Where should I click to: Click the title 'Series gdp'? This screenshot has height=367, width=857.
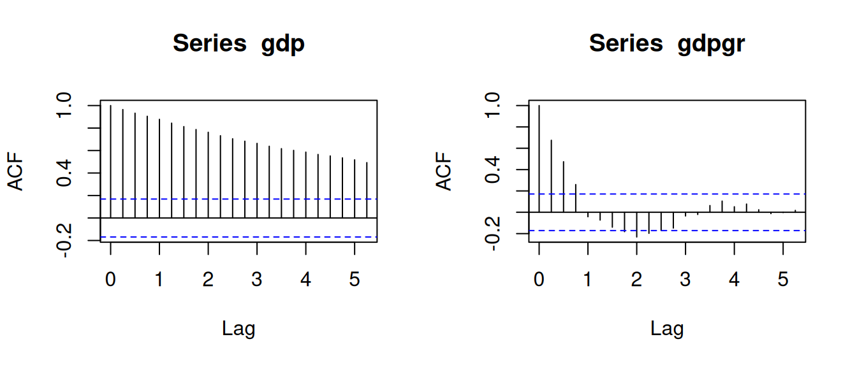[238, 44]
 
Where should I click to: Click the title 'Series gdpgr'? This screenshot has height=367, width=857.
[667, 44]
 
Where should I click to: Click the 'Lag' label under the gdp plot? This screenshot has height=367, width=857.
[238, 329]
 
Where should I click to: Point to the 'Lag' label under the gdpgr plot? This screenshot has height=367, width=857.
[667, 329]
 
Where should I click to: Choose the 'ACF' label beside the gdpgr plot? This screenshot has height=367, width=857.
[444, 171]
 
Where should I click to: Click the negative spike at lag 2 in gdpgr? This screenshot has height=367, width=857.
[636, 224]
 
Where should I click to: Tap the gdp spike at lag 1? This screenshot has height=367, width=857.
[159, 168]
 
